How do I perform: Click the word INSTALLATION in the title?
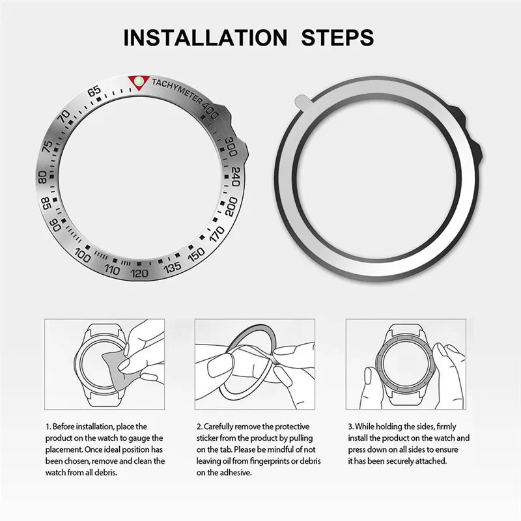205,38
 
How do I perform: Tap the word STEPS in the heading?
337,38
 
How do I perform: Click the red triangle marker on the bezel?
139,82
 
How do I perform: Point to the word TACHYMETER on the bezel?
176,91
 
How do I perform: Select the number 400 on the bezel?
209,110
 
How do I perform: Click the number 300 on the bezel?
231,147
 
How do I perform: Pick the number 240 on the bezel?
235,176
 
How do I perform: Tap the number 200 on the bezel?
231,206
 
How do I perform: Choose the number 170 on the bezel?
217,234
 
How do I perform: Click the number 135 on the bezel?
172,267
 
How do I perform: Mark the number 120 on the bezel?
139,273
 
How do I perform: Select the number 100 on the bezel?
83,255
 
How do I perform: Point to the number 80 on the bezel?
42,177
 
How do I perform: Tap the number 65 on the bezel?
94,91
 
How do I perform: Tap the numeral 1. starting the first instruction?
48,427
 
